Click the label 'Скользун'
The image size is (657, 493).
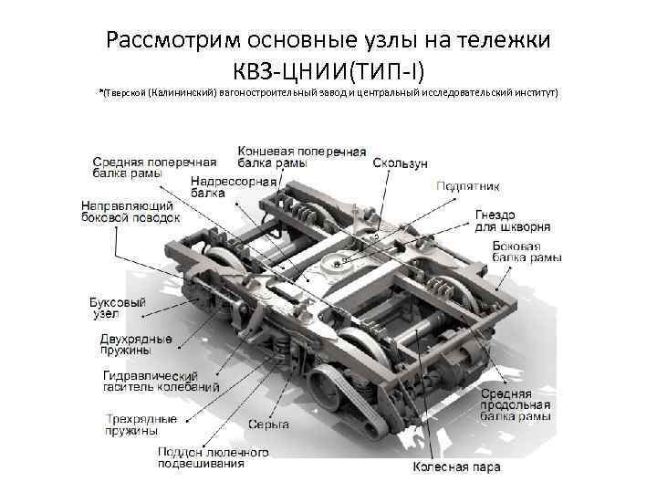[x=401, y=163]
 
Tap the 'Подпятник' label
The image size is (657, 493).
[x=468, y=186]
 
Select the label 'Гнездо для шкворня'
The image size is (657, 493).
[x=513, y=221]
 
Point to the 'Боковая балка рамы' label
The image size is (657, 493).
[x=527, y=252]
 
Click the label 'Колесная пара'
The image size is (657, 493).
[x=456, y=467]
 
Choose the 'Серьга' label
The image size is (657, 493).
[x=268, y=425]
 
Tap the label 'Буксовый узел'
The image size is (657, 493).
[x=118, y=309]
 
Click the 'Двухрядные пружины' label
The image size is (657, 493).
[x=136, y=344]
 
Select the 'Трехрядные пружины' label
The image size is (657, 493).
[x=141, y=425]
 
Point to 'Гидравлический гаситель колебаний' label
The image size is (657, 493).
[x=162, y=381]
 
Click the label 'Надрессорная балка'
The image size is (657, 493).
[x=234, y=187]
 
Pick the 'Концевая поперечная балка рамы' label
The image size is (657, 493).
[x=302, y=157]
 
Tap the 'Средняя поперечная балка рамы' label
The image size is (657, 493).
[x=154, y=168]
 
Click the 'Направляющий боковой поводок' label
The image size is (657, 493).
[x=130, y=212]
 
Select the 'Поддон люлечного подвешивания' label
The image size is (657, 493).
[x=214, y=457]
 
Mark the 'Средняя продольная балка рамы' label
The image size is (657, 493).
[x=516, y=405]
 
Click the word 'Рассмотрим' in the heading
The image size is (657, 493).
[x=173, y=41]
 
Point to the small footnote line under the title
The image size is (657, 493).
[x=328, y=92]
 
